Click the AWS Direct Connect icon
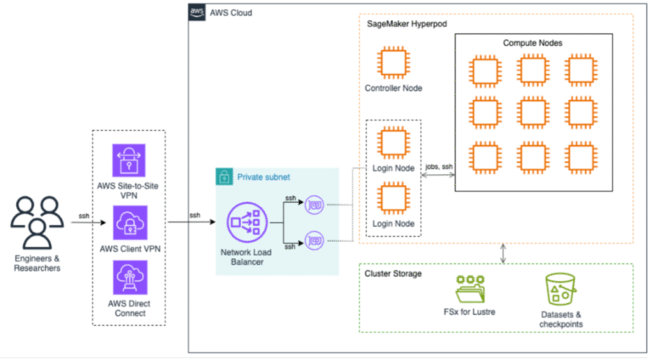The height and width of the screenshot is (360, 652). [x=128, y=278]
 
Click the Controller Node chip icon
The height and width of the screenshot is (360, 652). [x=393, y=65]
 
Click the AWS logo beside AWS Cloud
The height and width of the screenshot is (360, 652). [x=197, y=12]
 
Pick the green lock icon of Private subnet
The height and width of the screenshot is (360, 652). [x=225, y=177]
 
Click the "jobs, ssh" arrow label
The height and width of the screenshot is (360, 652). [x=439, y=168]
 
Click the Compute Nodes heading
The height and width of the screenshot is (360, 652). [x=532, y=42]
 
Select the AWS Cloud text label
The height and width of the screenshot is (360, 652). [x=230, y=13]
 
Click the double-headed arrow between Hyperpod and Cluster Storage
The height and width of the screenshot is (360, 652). [x=505, y=252]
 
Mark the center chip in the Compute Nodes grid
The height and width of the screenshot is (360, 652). [x=532, y=111]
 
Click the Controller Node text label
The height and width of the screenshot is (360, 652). [x=393, y=87]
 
